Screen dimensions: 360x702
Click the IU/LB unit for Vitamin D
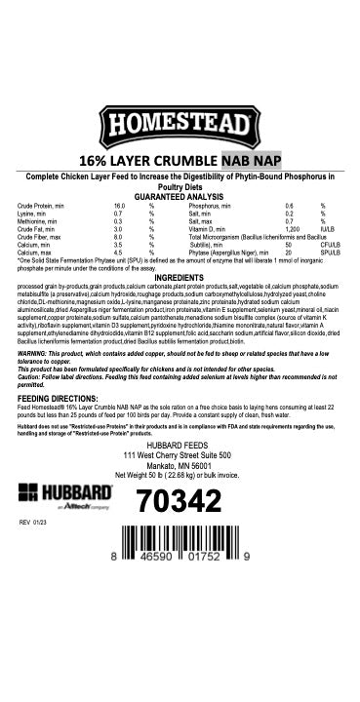click(327, 228)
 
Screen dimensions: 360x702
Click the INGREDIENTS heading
click(180, 278)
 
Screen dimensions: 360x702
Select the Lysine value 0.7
click(118, 214)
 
